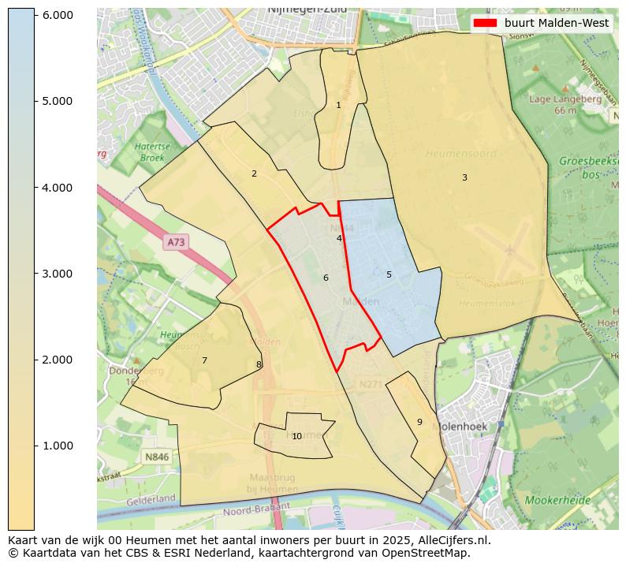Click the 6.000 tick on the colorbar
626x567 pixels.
point(35,15)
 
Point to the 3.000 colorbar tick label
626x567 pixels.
point(57,274)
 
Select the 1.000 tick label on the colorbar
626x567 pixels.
point(57,446)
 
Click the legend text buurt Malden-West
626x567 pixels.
point(557,23)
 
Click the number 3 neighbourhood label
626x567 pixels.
point(464,177)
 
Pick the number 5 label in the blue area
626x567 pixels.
point(389,274)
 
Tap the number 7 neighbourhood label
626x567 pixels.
point(204,360)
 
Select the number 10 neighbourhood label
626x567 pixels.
point(296,436)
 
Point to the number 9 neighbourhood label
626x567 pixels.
point(419,422)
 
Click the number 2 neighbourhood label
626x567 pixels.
point(254,173)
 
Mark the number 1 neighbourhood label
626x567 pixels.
point(338,105)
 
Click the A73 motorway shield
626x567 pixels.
point(176,243)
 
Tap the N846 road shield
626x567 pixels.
point(157,457)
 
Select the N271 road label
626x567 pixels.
point(370,384)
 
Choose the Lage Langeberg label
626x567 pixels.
point(552,99)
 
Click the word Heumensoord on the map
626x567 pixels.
point(460,154)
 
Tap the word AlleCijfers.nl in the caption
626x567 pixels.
point(453,540)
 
